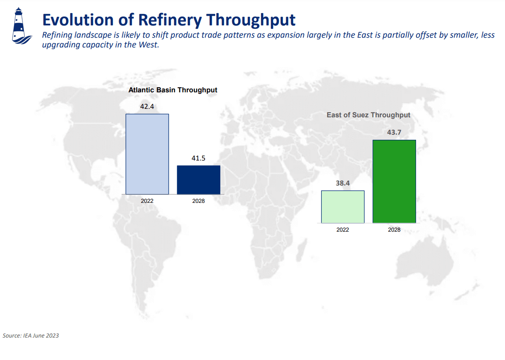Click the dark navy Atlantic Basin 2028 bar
[198, 180]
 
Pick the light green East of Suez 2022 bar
[342, 207]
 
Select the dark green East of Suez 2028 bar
[394, 181]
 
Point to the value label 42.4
[147, 107]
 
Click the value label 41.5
[198, 158]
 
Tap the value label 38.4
[342, 183]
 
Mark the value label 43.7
[394, 133]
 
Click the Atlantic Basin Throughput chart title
[173, 90]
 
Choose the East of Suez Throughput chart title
[368, 115]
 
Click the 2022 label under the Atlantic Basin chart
[147, 201]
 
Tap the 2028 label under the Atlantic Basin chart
[198, 201]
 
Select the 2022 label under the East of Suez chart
[342, 230]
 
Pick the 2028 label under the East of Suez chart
[394, 230]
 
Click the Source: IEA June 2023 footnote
[31, 335]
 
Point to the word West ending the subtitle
[148, 45]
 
